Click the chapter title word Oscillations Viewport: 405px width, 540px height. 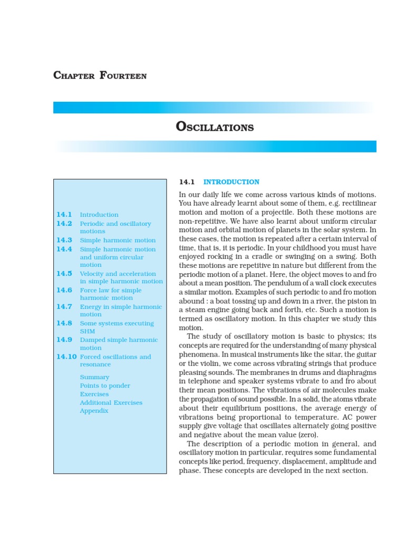point(214,127)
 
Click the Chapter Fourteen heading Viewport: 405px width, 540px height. point(100,75)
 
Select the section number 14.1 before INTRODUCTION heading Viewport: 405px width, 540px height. point(187,182)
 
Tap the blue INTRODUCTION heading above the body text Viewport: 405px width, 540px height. point(232,182)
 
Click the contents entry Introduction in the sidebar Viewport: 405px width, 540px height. point(99,215)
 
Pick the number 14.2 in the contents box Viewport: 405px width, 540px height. point(64,224)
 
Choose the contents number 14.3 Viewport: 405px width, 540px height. point(64,240)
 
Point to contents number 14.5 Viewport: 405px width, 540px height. point(64,274)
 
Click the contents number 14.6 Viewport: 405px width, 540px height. point(64,290)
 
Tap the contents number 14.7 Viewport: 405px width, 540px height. point(64,306)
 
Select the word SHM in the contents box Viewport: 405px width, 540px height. point(88,331)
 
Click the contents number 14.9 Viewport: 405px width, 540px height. point(64,340)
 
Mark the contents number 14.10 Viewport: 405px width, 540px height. point(66,356)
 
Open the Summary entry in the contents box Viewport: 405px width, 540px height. point(94,377)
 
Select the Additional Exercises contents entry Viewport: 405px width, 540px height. point(111,402)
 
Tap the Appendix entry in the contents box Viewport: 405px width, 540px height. point(94,411)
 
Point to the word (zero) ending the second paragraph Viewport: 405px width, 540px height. point(308,435)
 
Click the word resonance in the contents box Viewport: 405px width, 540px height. point(95,364)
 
